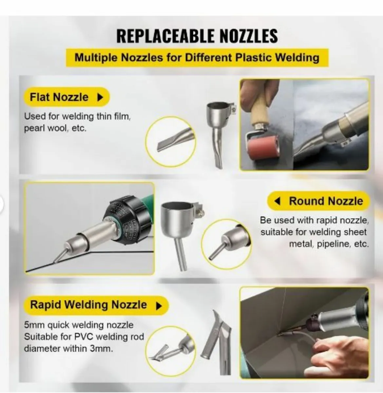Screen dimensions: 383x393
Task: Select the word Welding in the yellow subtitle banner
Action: coord(297,58)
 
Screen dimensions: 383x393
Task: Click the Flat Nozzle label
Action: coord(59,97)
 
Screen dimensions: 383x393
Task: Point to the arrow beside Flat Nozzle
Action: coord(100,97)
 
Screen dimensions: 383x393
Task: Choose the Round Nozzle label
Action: coord(326,201)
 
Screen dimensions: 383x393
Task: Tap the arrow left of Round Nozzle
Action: coord(278,201)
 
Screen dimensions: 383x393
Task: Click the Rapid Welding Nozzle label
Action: coord(88,305)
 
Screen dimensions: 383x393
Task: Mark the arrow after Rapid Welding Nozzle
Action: coord(159,306)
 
